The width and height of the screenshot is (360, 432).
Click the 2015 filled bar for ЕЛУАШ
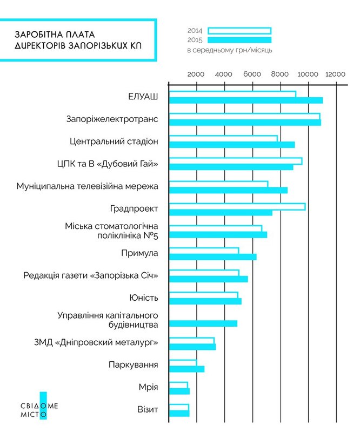click(246, 100)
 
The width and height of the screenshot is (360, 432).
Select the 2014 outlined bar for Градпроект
click(237, 206)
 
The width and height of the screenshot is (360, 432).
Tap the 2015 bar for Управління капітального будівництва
click(203, 323)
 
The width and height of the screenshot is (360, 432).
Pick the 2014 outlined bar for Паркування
click(183, 362)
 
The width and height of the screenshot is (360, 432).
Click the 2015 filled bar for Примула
click(213, 256)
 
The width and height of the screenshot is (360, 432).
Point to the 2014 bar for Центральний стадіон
click(223, 139)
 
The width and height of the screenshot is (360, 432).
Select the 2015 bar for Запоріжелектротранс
click(245, 123)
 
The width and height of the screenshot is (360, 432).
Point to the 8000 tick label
click(279, 74)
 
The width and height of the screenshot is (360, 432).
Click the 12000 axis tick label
click(335, 74)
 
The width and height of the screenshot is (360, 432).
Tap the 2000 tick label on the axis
click(195, 74)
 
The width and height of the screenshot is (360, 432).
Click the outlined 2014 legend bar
click(239, 31)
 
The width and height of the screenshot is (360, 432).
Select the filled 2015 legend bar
click(239, 39)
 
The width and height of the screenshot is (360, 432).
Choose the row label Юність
click(144, 298)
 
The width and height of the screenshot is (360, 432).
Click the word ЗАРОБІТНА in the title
click(38, 34)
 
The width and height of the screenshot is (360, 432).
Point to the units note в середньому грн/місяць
click(229, 50)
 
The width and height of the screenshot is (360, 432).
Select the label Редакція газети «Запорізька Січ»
click(90, 276)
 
